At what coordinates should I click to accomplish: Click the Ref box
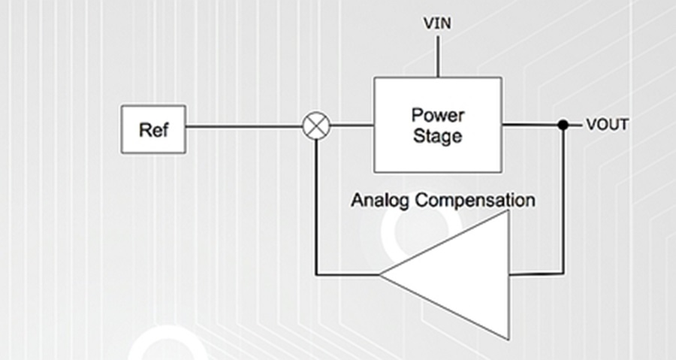(x=154, y=129)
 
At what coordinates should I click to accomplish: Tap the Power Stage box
(x=438, y=125)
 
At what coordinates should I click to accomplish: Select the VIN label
(x=438, y=23)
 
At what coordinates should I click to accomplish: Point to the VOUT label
(x=608, y=125)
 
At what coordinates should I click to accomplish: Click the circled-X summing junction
(x=316, y=126)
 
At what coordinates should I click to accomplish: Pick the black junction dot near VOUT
(x=563, y=125)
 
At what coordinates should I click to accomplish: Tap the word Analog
(x=380, y=201)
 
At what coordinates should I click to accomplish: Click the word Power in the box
(x=438, y=115)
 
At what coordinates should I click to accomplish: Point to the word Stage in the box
(x=438, y=136)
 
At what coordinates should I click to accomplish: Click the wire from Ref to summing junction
(x=244, y=126)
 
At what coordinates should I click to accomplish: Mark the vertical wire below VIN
(x=438, y=56)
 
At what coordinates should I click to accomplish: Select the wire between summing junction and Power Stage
(x=352, y=126)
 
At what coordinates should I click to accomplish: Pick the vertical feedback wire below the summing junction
(x=316, y=207)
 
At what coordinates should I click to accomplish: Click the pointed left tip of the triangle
(x=379, y=274)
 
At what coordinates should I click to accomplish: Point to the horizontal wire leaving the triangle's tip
(x=348, y=274)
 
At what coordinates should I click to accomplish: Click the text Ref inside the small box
(x=154, y=130)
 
